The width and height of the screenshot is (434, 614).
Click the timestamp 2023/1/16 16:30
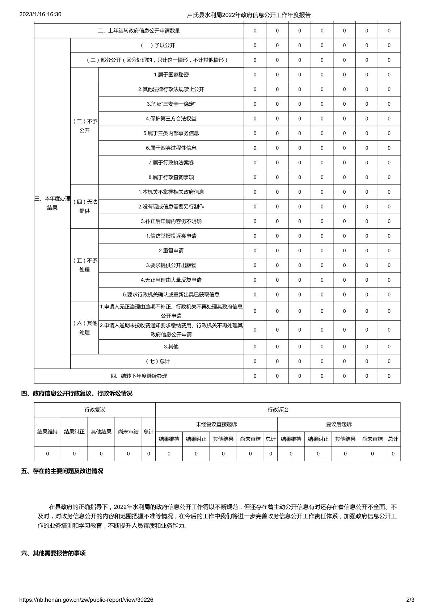pos(40,14)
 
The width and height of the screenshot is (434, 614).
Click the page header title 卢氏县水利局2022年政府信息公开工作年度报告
pos(249,15)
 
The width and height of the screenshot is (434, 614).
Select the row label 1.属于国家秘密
pos(171,75)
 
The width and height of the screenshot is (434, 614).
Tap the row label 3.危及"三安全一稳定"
pos(171,104)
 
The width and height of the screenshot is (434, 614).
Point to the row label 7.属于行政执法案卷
pos(171,163)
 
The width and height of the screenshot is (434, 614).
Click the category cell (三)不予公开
pos(84,126)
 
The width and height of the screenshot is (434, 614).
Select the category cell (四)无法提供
pos(84,206)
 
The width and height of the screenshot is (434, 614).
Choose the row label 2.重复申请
pos(171,251)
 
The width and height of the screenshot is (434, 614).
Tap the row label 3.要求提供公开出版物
pos(171,265)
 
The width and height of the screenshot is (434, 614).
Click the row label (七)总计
pos(157,361)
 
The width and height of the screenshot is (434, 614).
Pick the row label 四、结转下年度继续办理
pos(139,376)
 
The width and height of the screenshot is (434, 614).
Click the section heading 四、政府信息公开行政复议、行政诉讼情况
pos(77,393)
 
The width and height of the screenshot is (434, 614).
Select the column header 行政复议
pos(95,409)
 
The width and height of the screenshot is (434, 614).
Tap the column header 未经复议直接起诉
pos(216,424)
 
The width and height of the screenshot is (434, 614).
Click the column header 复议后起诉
pos(339,424)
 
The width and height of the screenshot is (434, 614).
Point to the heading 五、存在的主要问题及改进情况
pos(62,471)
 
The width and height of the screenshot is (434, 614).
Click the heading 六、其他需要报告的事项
pos(54,553)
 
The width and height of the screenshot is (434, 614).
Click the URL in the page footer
pos(86,600)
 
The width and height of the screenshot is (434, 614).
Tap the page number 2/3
pos(410,600)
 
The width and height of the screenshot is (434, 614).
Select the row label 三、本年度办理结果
pos(52,203)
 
